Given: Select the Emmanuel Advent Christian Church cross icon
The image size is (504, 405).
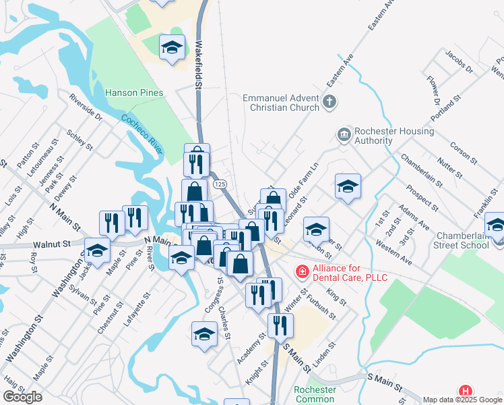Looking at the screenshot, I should point(329,103).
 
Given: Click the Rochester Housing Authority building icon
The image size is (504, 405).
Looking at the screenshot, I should point(344,134).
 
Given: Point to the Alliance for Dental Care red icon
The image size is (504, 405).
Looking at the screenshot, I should point(303,271).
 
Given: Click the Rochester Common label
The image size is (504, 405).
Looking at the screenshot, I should point(315,394).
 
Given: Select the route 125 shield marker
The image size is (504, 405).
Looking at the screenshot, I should point(219,184).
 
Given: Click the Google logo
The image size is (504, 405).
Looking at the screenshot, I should point(22,397).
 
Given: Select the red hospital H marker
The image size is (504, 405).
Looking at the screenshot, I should point(465,391).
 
